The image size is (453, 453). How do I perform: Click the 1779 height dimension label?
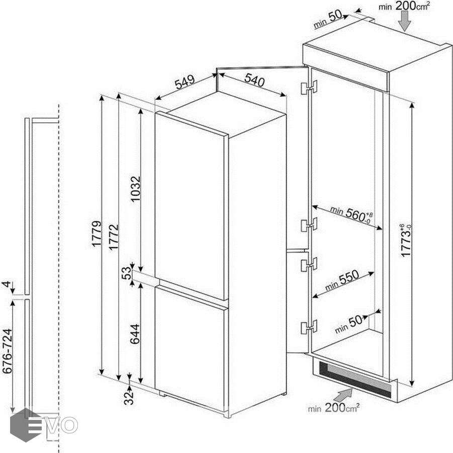pyautogui.click(x=97, y=234)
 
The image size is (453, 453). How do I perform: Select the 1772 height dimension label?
pyautogui.click(x=114, y=237)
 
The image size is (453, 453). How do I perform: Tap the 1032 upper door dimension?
pyautogui.click(x=135, y=189)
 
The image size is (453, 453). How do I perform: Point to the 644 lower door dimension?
pyautogui.click(x=135, y=334)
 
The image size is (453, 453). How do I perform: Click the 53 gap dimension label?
pyautogui.click(x=126, y=273)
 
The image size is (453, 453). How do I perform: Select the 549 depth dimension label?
pyautogui.click(x=185, y=82)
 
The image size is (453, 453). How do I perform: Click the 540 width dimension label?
pyautogui.click(x=254, y=80)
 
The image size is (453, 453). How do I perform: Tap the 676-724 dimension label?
pyautogui.click(x=8, y=351)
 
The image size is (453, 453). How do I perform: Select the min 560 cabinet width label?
pyautogui.click(x=352, y=214)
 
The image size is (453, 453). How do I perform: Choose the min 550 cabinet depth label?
pyautogui.click(x=342, y=280)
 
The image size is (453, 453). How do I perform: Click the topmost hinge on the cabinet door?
pyautogui.click(x=309, y=88)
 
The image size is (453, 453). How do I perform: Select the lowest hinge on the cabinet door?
pyautogui.click(x=309, y=327)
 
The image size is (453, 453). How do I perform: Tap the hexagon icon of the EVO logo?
pyautogui.click(x=26, y=425)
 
